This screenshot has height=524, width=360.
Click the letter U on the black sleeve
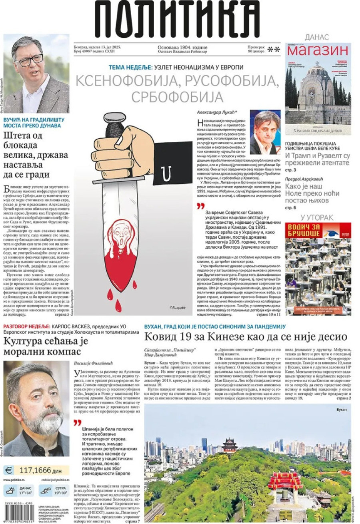click(x=164, y=172)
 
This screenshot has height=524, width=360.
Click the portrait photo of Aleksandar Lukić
click(x=265, y=132)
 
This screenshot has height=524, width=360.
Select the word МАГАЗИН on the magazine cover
click(x=318, y=50)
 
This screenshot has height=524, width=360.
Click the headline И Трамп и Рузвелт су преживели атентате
click(x=317, y=159)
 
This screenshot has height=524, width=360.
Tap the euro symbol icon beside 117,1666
click(x=9, y=470)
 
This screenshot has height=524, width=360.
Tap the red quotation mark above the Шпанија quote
click(x=78, y=422)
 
